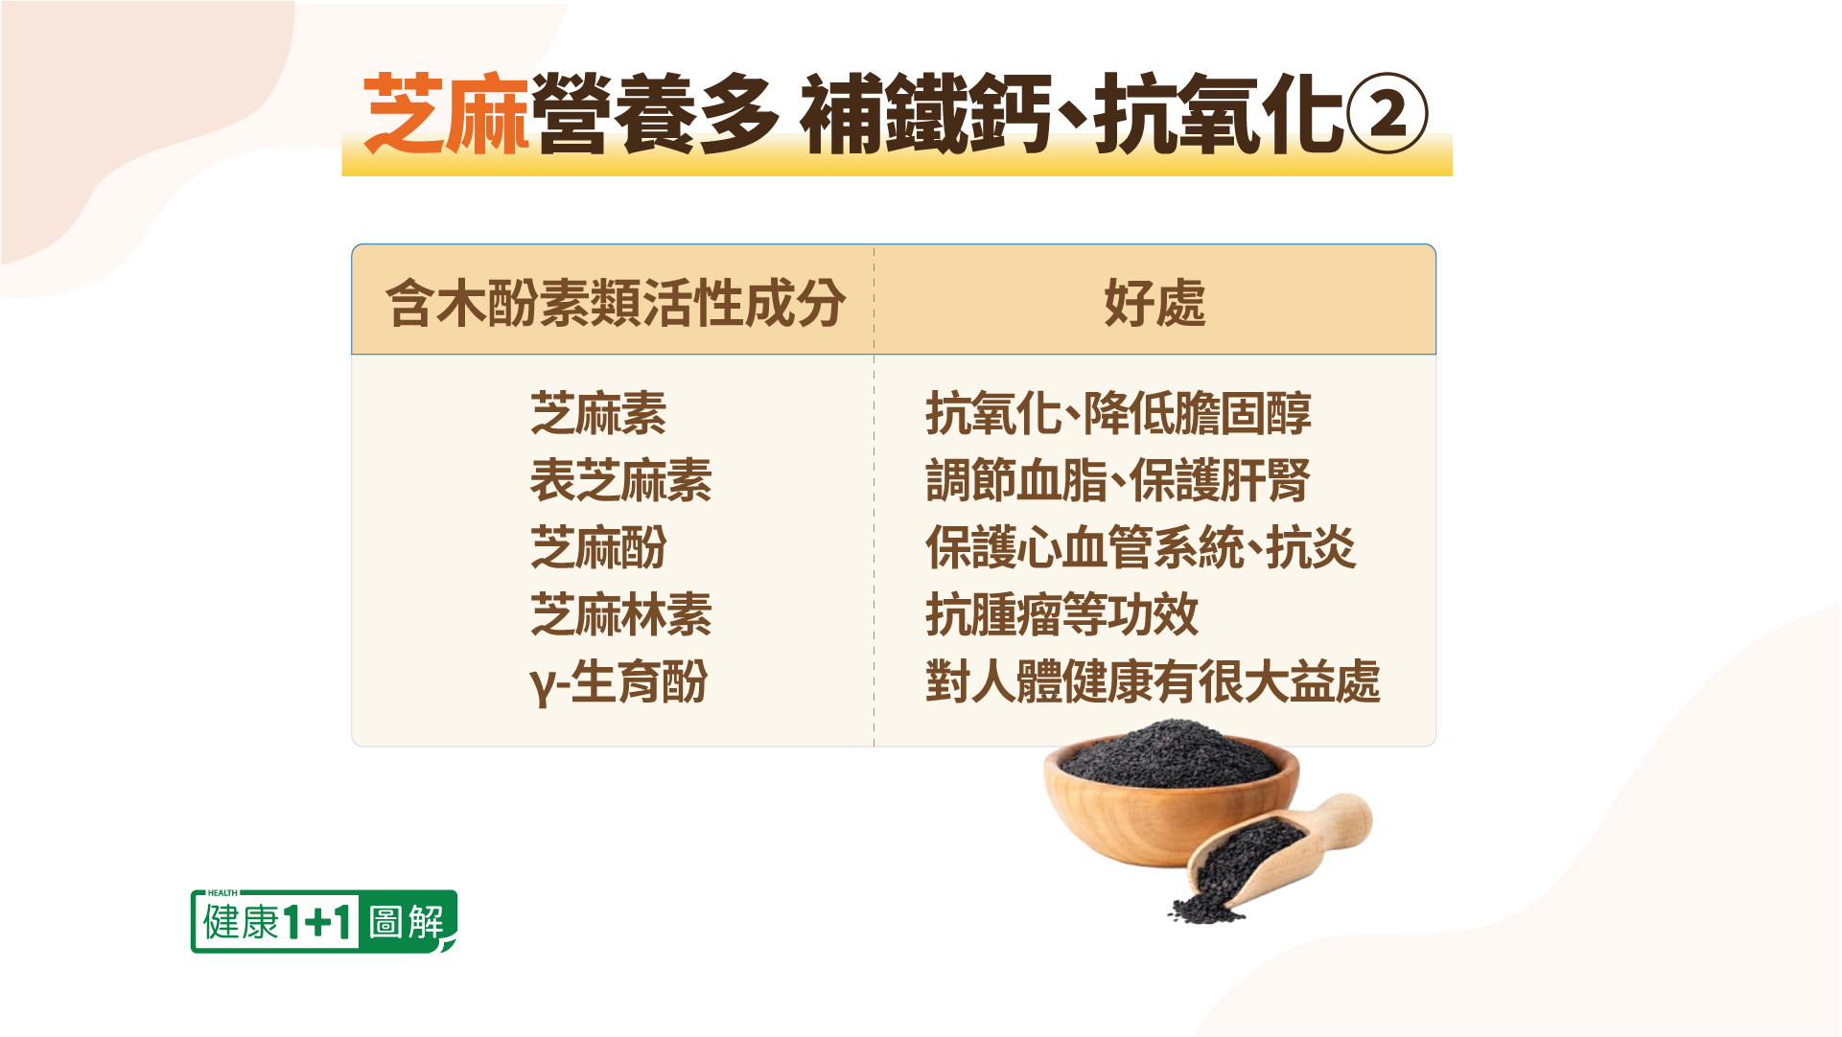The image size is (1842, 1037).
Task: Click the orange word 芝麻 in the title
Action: [446, 114]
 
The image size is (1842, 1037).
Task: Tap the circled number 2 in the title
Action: [1387, 114]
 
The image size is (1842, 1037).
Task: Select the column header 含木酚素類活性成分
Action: [616, 303]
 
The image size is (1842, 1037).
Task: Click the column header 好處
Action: [1154, 303]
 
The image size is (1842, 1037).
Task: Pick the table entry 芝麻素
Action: [598, 413]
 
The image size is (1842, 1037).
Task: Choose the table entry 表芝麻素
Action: [620, 480]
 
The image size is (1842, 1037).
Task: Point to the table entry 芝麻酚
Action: [598, 547]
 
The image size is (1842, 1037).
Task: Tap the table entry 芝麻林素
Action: [620, 614]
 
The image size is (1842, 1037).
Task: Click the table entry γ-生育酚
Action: [618, 682]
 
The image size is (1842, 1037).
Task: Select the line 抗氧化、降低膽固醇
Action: [1118, 413]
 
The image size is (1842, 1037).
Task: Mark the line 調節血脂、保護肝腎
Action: [1118, 480]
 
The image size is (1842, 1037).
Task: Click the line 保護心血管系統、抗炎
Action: [1141, 547]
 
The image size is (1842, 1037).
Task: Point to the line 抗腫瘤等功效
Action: [1062, 614]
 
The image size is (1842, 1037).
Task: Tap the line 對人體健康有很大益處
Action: [1153, 681]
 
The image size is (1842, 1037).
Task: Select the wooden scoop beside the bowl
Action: [1275, 854]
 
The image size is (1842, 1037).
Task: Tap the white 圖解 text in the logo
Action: [407, 922]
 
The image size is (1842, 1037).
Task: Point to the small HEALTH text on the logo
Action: [222, 892]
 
